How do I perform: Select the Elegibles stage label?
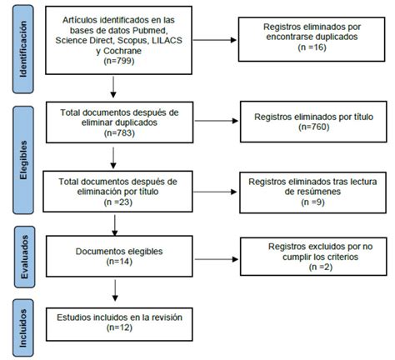(x=28, y=161)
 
